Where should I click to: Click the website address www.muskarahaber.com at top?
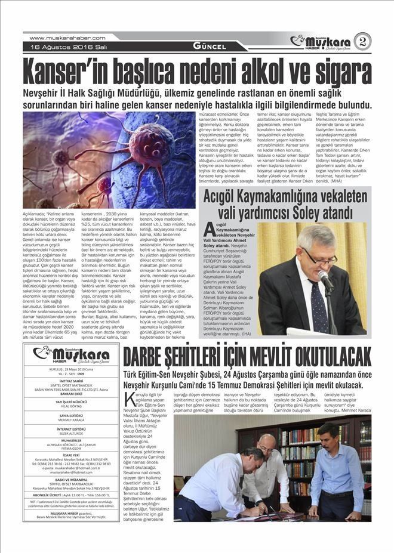coord(67,38)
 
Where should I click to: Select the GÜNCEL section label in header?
coord(209,46)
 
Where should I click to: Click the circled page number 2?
coord(361,41)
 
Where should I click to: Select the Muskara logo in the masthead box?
coord(70,356)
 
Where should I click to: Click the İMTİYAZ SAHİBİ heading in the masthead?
coord(70,381)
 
